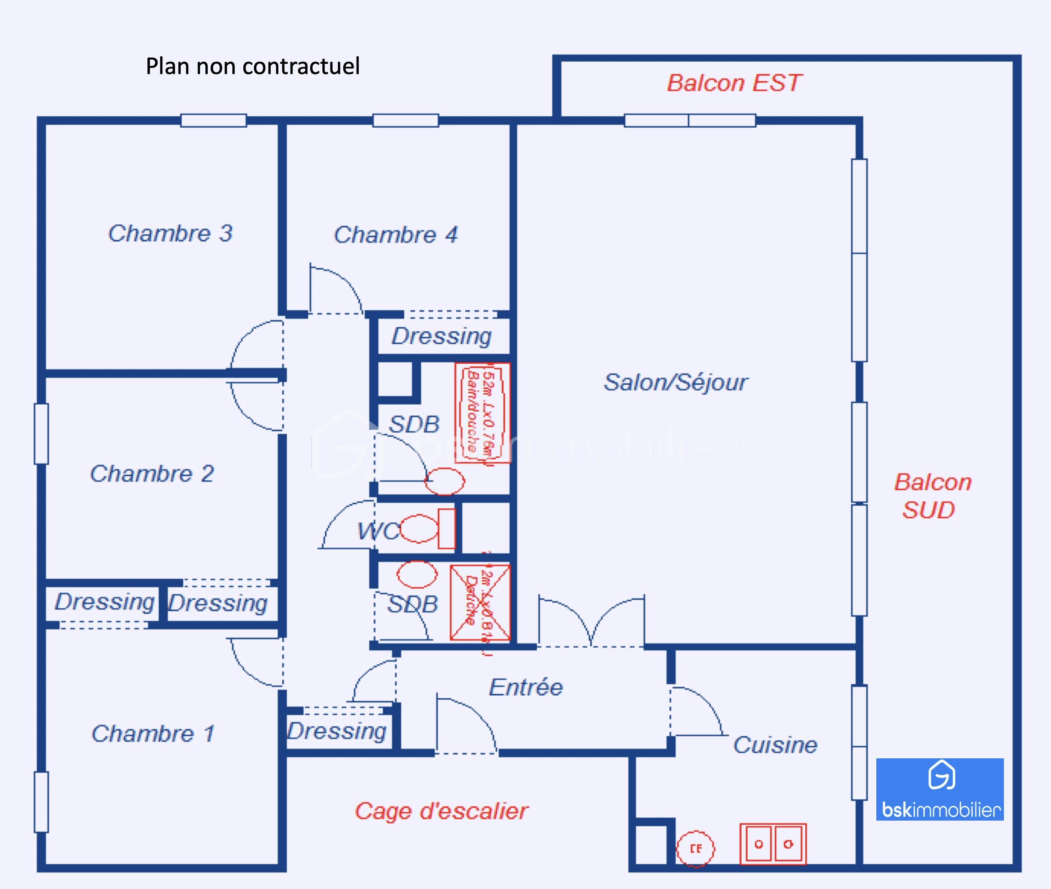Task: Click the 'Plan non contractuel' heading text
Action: (253, 66)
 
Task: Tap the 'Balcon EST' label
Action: (734, 83)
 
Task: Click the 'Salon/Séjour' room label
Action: (676, 382)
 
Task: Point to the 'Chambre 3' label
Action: (170, 233)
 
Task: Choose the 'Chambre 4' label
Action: (396, 235)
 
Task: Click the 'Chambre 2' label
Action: (152, 474)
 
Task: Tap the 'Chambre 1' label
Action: (153, 733)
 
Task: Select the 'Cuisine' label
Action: (775, 745)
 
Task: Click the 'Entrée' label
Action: (526, 687)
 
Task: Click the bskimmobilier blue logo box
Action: (940, 789)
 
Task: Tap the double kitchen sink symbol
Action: (773, 844)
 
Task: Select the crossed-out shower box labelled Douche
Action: (480, 602)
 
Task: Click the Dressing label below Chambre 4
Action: (442, 336)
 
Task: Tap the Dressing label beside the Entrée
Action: (337, 731)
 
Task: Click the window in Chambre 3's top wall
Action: (213, 120)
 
